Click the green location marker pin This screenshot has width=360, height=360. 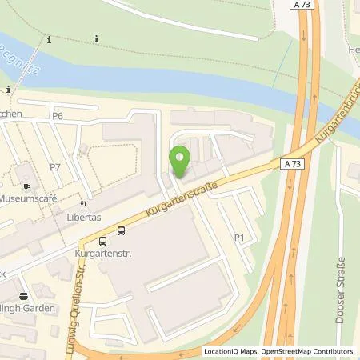click(x=180, y=160)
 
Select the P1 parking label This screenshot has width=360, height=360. click(x=239, y=238)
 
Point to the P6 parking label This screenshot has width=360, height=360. click(x=57, y=117)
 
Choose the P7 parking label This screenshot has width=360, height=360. click(x=55, y=166)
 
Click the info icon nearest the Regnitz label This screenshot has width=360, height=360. click(x=50, y=38)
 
